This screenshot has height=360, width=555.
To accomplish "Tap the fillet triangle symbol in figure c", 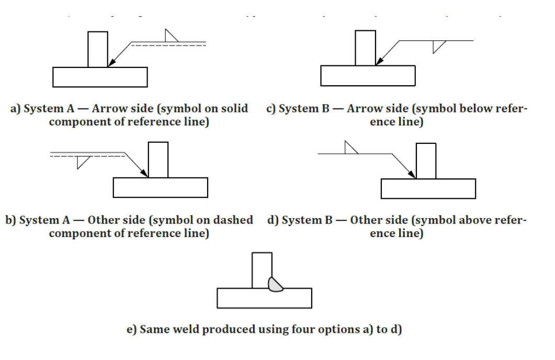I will point(437,46).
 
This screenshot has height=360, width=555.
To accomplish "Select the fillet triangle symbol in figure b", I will point(82,161).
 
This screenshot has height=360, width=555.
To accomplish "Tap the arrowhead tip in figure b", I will point(148,177).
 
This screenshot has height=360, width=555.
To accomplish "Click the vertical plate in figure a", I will point(98,49).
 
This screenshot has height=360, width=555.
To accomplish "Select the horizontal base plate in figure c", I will point(368,76).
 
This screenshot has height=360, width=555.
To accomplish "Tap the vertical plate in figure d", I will point(425,160).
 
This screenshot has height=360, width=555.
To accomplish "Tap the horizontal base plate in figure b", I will point(161,187).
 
